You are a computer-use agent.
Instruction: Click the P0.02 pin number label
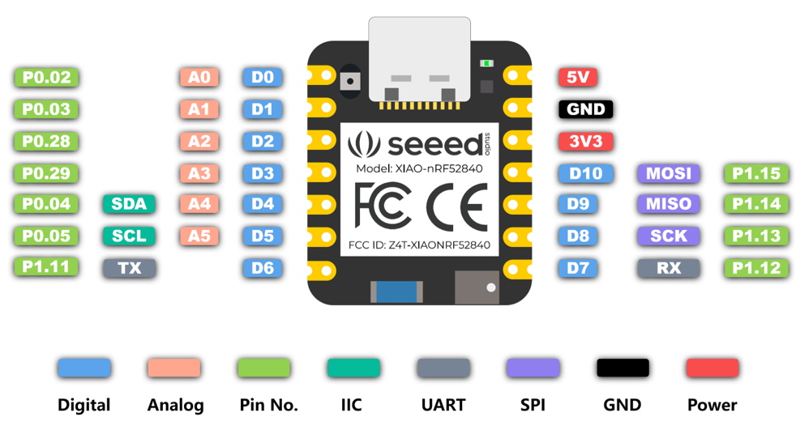click(46, 78)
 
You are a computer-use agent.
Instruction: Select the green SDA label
click(129, 204)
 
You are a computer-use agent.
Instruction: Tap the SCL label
click(129, 236)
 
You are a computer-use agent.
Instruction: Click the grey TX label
click(129, 268)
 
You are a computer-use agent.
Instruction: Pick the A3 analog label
click(199, 172)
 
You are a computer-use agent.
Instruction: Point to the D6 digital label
click(262, 268)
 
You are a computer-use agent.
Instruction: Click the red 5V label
click(578, 78)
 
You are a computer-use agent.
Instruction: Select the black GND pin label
click(586, 109)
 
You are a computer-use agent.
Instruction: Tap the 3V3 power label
click(585, 141)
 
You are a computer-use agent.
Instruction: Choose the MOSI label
click(669, 173)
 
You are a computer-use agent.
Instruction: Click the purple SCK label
click(669, 236)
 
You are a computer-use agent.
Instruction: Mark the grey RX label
click(669, 268)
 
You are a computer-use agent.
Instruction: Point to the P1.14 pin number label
click(755, 204)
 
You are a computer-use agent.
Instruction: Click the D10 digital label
click(584, 173)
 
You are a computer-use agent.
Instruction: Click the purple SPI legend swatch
click(533, 368)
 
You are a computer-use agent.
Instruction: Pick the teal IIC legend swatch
click(353, 368)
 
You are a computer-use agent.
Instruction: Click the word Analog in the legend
click(175, 405)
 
